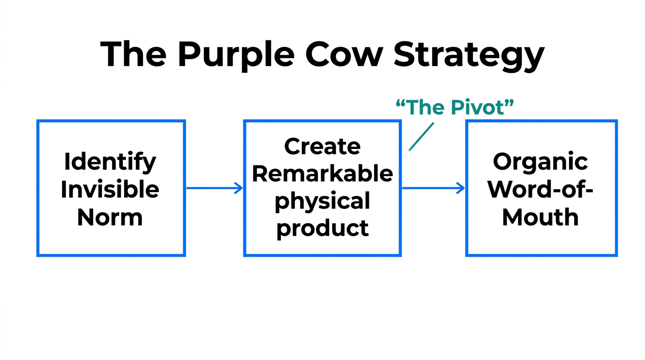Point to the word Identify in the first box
pyautogui.click(x=110, y=162)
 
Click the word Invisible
pyautogui.click(x=110, y=189)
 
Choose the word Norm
pyautogui.click(x=110, y=217)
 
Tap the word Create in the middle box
pyautogui.click(x=322, y=146)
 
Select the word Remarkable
pyautogui.click(x=322, y=173)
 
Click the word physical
pyautogui.click(x=322, y=201)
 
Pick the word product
pyautogui.click(x=322, y=228)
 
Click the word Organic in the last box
pyautogui.click(x=540, y=162)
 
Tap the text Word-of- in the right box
pyautogui.click(x=540, y=189)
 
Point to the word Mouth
pyautogui.click(x=540, y=217)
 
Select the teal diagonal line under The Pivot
pyautogui.click(x=421, y=137)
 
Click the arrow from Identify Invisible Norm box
pyautogui.click(x=214, y=188)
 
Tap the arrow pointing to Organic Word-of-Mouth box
pyautogui.click(x=433, y=188)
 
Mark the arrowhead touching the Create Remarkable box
pyautogui.click(x=239, y=188)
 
